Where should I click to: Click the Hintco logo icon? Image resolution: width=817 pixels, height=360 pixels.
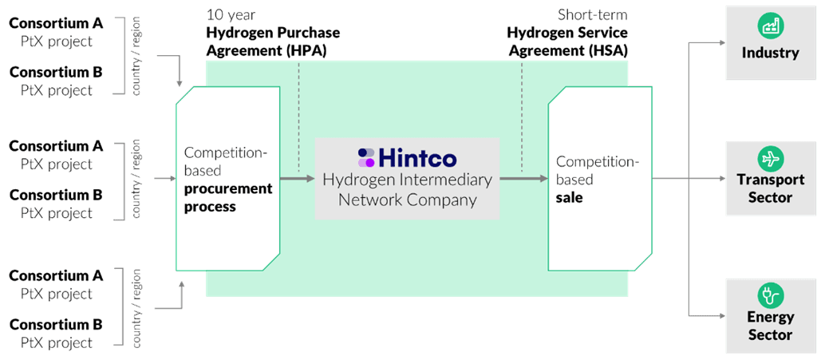[366, 157]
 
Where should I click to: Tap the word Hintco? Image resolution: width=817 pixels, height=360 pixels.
[418, 157]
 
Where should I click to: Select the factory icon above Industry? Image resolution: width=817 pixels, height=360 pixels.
[770, 27]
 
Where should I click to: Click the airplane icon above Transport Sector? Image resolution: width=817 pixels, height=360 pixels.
[770, 159]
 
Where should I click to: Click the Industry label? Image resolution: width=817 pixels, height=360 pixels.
[770, 53]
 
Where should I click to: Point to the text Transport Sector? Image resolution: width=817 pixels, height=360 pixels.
[770, 189]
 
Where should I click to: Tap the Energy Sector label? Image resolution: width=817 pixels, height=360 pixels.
[770, 326]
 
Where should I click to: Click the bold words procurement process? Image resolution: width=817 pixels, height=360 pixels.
[227, 197]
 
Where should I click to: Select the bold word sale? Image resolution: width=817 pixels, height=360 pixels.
[569, 197]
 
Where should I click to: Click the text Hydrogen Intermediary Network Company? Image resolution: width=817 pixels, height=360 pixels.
[407, 189]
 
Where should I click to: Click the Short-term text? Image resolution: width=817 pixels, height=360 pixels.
[592, 14]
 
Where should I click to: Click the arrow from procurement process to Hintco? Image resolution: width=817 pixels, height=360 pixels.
[297, 179]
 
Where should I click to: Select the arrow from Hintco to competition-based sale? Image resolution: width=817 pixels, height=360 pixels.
[523, 179]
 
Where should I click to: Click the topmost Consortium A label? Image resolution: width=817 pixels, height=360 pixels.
[56, 23]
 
